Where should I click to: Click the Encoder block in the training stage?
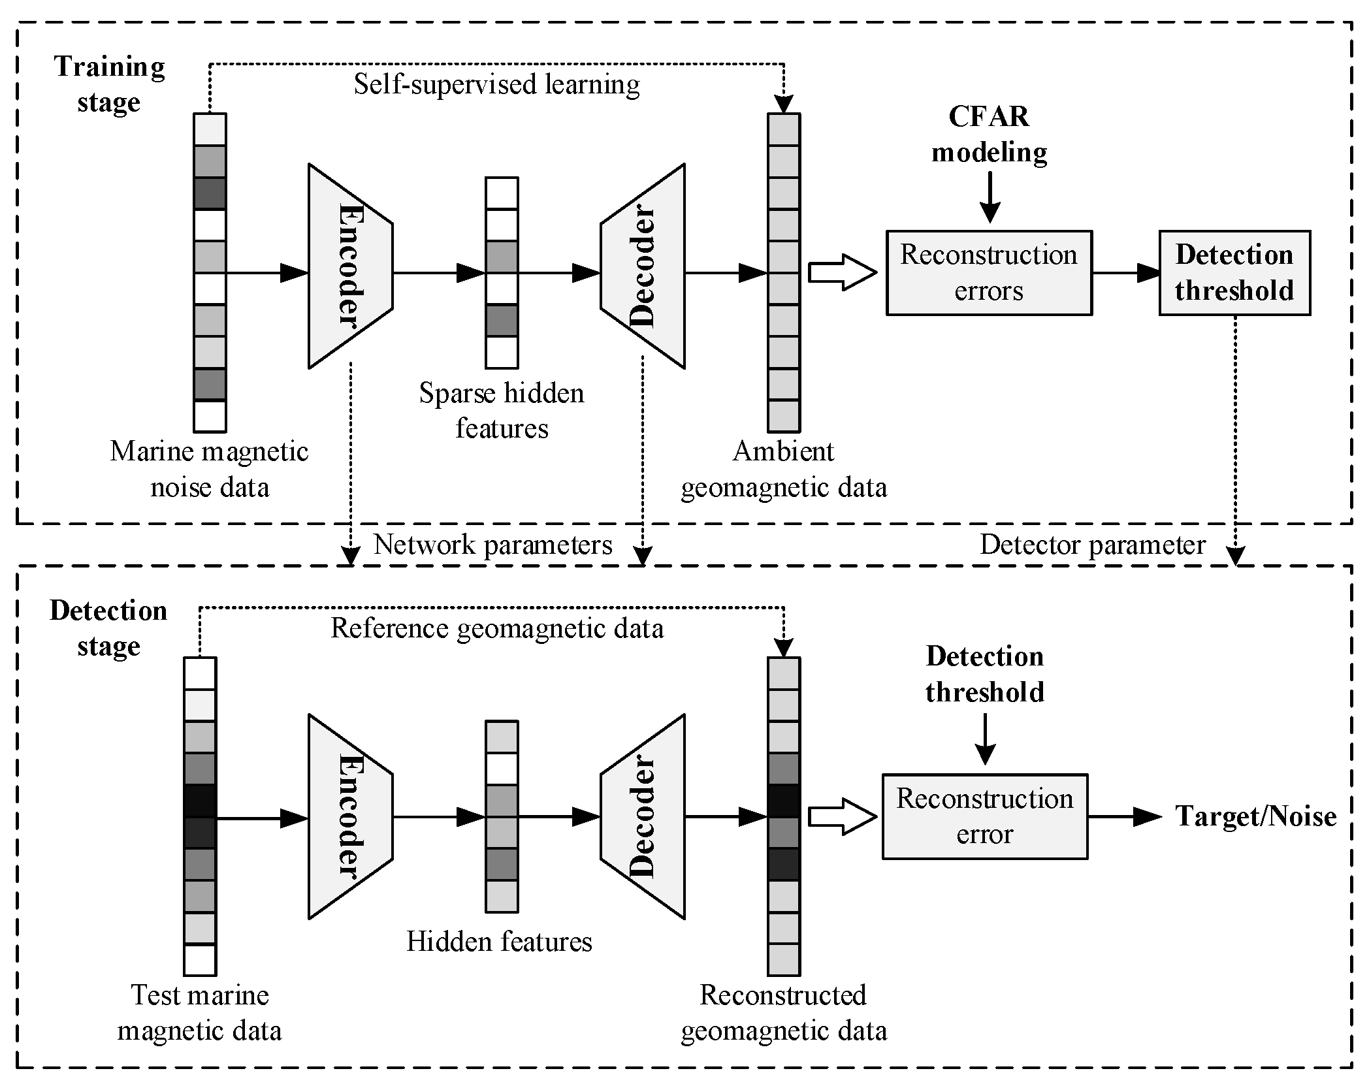[350, 266]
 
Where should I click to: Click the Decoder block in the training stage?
[643, 266]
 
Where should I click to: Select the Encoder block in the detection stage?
[350, 816]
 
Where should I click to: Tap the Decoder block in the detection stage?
[643, 816]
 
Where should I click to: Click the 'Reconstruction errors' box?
[988, 272]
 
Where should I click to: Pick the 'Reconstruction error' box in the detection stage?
[984, 816]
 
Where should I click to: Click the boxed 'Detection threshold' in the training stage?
[1234, 272]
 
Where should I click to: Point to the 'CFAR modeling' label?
[989, 135]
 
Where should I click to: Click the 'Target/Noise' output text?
[1255, 816]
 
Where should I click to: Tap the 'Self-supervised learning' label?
[496, 85]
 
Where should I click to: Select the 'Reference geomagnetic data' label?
[496, 628]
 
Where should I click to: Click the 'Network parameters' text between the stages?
[493, 545]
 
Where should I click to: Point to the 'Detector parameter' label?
[1092, 545]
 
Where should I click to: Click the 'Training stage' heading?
[109, 84]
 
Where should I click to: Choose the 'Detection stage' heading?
[108, 628]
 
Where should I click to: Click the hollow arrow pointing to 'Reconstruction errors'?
[842, 272]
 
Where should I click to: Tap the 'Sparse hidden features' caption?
[501, 411]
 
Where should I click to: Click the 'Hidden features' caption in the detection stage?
[499, 942]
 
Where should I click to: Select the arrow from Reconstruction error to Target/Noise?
[1123, 816]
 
